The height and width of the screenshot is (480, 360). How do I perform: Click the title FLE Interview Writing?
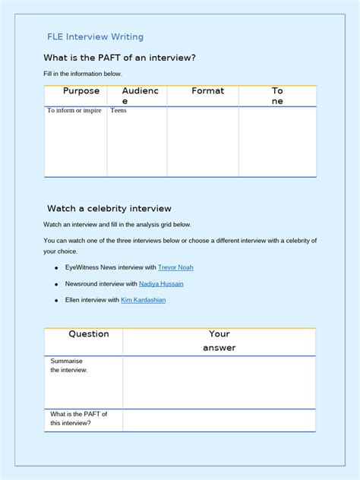95,36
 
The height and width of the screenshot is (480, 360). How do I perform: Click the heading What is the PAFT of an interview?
124,58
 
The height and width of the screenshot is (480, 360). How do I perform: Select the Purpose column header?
81,91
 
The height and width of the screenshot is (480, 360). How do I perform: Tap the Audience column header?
140,96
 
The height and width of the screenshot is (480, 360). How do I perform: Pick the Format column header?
207,91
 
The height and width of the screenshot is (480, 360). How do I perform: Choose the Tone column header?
277,96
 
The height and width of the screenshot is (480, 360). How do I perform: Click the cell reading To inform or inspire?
74,111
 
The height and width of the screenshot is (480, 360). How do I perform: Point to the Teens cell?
118,111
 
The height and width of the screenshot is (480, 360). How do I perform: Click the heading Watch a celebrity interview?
109,208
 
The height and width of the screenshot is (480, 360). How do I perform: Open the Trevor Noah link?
176,267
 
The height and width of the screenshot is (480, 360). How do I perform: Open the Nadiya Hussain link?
161,284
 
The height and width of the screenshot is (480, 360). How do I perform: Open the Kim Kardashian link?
144,300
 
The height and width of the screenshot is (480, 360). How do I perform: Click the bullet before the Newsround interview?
56,285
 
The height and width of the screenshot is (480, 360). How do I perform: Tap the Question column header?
89,334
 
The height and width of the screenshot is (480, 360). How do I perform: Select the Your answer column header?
219,340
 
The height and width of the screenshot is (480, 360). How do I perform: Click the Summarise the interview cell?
69,365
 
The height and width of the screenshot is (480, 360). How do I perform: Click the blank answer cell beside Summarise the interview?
219,382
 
